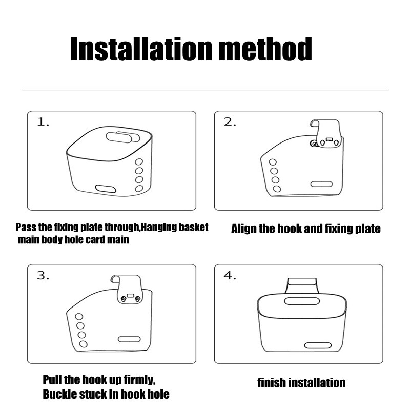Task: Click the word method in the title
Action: click(265, 49)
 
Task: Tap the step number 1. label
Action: click(43, 122)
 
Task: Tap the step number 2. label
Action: click(230, 122)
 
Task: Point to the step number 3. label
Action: click(43, 275)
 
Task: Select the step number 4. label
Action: click(230, 275)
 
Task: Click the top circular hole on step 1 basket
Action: click(139, 162)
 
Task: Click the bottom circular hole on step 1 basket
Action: click(139, 189)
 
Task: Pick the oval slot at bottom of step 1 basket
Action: click(106, 189)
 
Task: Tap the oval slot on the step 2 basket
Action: click(321, 184)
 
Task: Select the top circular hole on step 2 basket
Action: click(273, 162)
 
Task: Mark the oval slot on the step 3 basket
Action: click(129, 339)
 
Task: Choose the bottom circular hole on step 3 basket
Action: click(83, 344)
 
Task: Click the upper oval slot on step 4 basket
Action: click(302, 301)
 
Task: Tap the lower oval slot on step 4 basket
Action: click(318, 345)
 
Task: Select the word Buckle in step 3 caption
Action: click(57, 394)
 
